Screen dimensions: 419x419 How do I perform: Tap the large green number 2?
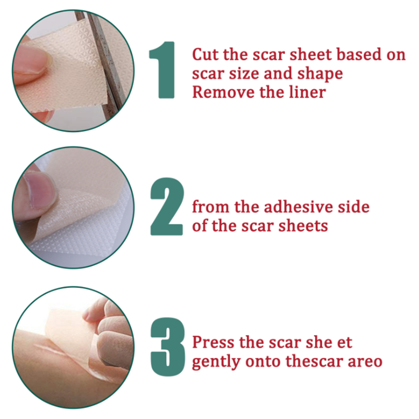tap(167, 206)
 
